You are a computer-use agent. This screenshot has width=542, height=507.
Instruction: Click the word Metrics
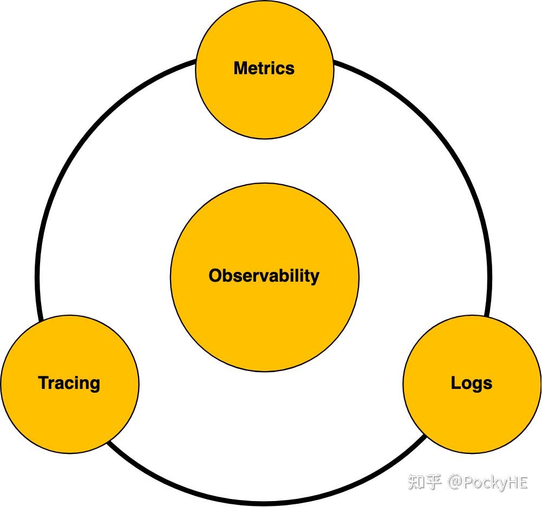(x=264, y=68)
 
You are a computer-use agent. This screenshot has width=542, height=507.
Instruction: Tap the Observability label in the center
(x=264, y=276)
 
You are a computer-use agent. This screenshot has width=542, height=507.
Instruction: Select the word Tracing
(x=69, y=383)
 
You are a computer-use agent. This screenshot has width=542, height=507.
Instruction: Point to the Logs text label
(x=472, y=383)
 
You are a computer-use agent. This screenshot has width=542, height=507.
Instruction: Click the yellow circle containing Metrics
(x=264, y=103)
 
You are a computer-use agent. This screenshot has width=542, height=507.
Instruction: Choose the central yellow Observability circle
(x=264, y=325)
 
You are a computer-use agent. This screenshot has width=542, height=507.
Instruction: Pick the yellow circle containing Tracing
(x=69, y=417)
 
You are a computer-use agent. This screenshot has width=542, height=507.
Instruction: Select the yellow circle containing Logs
(x=472, y=417)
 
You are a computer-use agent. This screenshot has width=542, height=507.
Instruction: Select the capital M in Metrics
(x=240, y=68)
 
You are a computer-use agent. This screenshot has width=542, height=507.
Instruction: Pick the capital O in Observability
(x=216, y=276)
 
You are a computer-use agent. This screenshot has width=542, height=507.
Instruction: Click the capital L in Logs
(x=455, y=383)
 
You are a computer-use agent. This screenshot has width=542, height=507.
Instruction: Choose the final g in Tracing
(x=95, y=385)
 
